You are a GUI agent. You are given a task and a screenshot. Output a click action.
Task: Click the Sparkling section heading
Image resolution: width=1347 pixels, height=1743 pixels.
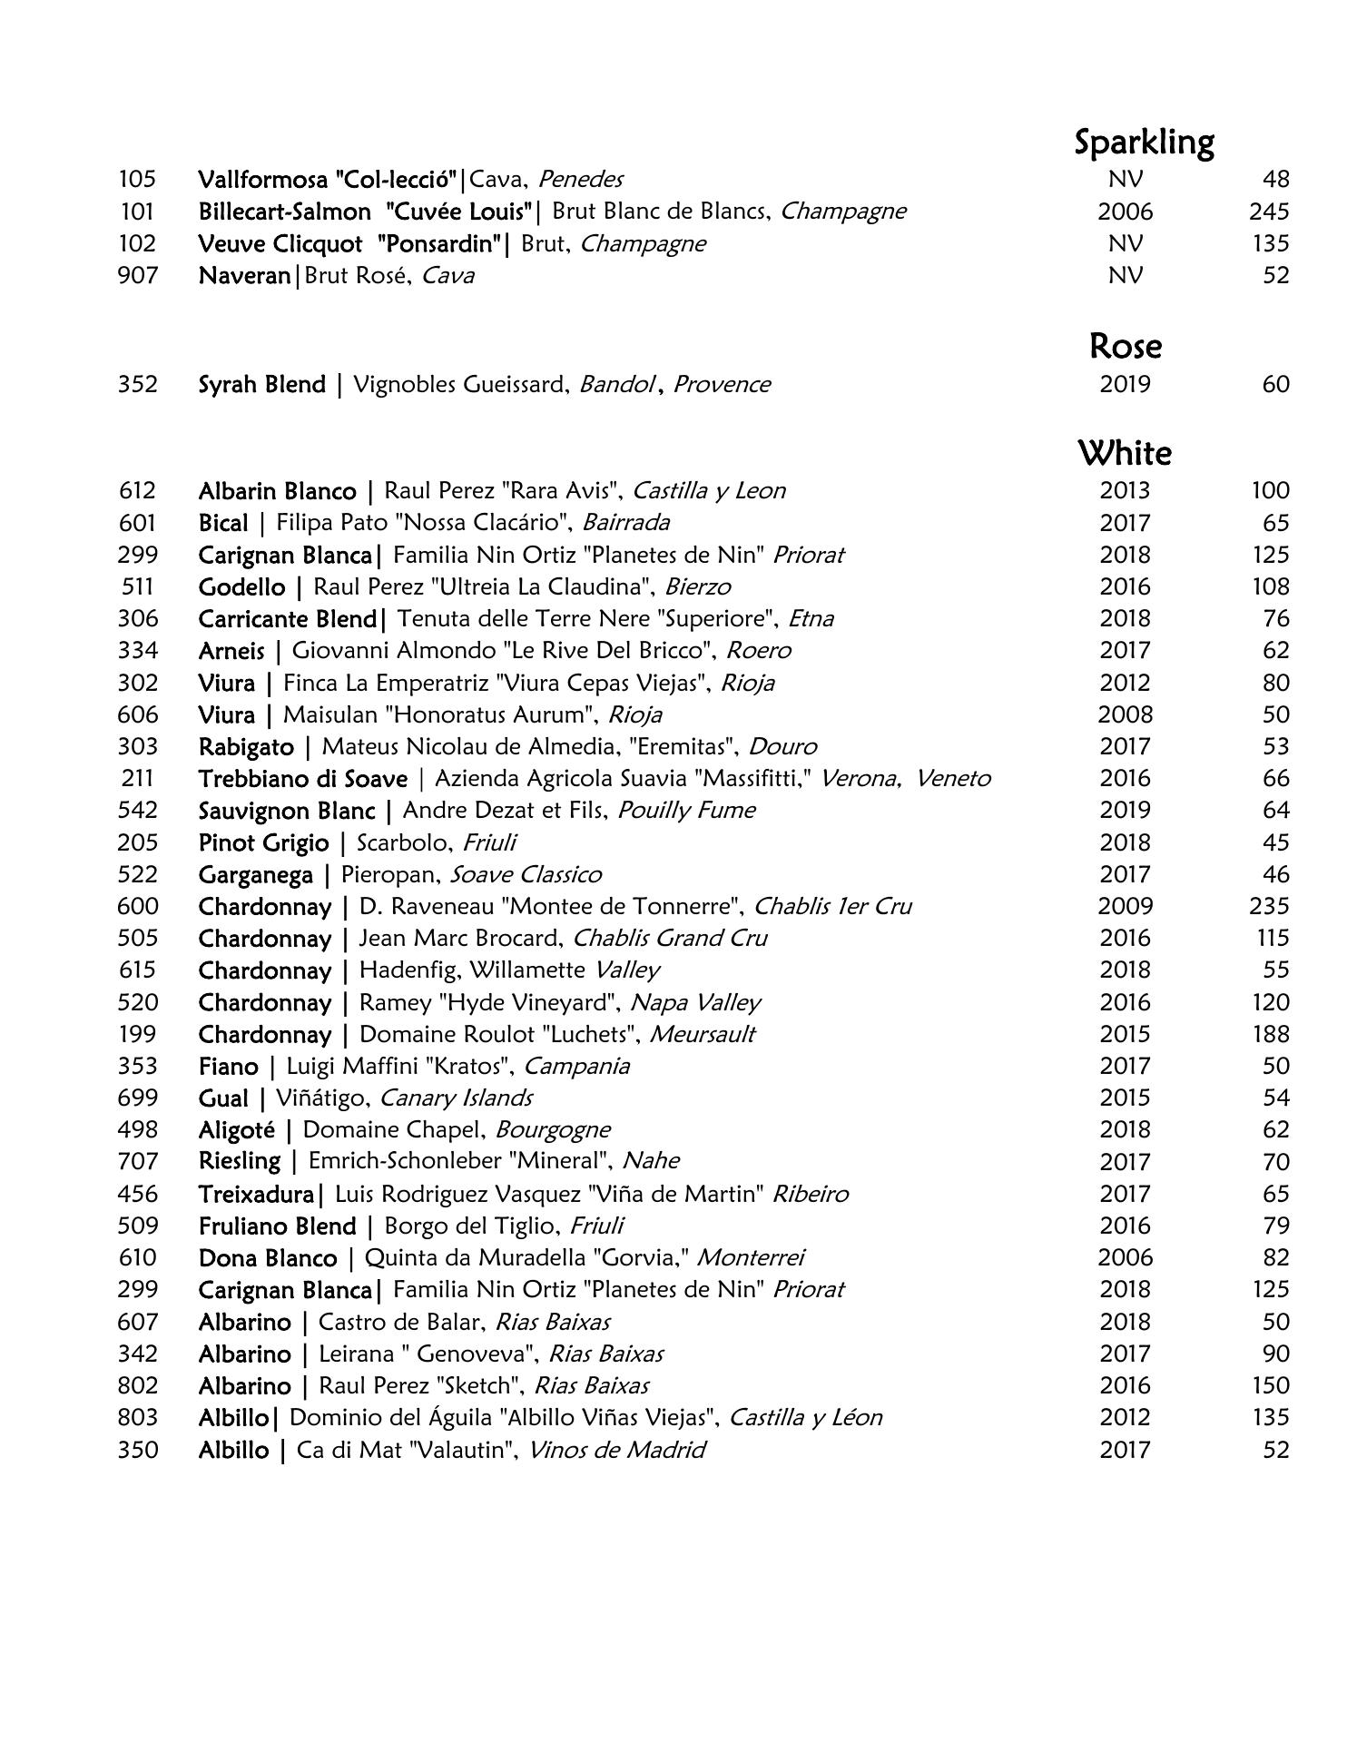[x=1144, y=143]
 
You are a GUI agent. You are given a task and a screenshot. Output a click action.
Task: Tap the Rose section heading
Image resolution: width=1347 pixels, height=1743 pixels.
[x=1126, y=346]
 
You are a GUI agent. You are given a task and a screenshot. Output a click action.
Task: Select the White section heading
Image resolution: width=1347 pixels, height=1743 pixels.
[x=1125, y=452]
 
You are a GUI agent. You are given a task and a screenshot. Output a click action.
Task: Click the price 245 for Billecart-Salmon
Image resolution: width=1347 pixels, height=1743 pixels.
[x=1268, y=212]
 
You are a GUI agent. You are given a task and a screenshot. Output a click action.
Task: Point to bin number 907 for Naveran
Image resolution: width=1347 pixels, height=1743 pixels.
[x=138, y=275]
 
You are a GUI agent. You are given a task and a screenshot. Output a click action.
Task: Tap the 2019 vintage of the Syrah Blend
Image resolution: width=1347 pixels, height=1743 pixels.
[x=1125, y=384]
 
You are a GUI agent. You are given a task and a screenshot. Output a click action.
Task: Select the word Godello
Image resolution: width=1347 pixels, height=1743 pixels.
[x=241, y=586]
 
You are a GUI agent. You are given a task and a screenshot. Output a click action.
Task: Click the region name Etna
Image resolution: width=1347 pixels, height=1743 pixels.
[x=811, y=618]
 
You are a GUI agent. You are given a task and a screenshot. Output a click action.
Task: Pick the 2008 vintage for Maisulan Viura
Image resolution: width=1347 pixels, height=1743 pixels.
[x=1125, y=714]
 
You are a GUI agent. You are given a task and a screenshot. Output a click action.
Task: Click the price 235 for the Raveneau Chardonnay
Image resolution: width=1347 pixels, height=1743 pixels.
[x=1268, y=906]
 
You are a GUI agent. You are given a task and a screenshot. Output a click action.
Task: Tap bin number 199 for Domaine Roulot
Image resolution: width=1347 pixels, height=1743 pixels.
[x=138, y=1034]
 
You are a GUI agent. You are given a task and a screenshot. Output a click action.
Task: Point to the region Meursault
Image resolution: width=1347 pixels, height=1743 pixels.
[x=702, y=1034]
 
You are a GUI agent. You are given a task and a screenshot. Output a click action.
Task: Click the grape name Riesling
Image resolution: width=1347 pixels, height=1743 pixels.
[x=240, y=1161]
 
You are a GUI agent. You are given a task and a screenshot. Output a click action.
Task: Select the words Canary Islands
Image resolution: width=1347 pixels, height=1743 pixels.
[x=456, y=1098]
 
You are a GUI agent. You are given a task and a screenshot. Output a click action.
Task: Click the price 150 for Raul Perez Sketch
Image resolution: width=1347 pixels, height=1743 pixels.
[x=1268, y=1385]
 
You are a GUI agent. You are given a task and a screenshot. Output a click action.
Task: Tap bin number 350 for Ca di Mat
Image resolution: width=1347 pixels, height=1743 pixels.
[x=138, y=1450]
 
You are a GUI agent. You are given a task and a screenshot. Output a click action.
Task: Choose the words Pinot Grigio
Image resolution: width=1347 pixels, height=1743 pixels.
[x=263, y=842]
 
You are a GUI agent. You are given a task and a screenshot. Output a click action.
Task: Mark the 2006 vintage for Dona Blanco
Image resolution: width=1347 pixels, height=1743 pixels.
[x=1125, y=1257]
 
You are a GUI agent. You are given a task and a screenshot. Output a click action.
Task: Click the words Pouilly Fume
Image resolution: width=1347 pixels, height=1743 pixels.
[x=686, y=810]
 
